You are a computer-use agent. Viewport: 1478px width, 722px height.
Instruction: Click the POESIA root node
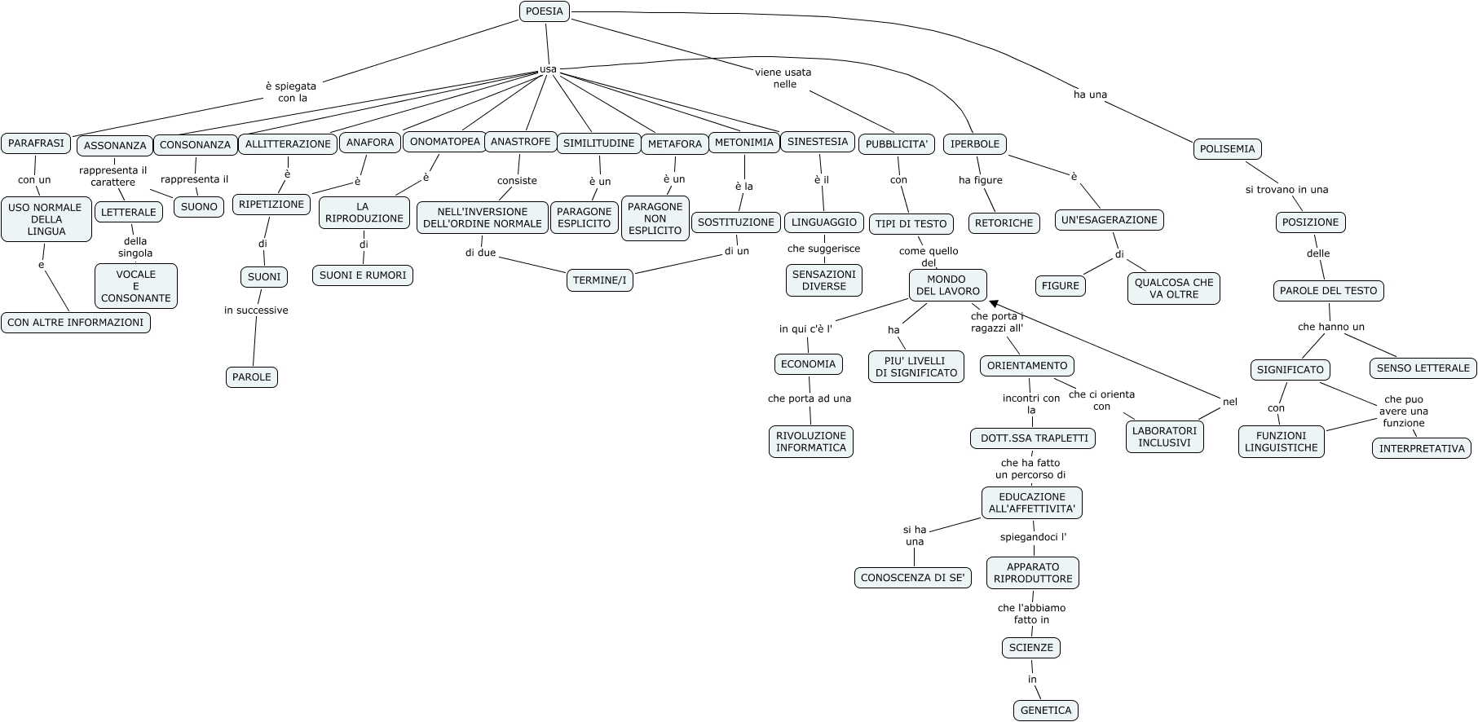coord(545,11)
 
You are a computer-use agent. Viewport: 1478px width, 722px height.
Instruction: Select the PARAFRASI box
coord(36,143)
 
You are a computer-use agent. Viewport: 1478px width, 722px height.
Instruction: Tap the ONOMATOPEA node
coord(444,142)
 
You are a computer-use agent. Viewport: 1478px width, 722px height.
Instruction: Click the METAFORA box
coord(675,144)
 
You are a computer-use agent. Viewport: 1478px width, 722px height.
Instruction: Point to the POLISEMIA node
coord(1228,149)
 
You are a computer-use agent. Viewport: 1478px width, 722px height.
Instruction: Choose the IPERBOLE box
coord(975,144)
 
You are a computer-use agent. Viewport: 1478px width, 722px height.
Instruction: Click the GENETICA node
coord(1046,711)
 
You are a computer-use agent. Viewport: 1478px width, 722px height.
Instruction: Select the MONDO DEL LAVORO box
coord(947,285)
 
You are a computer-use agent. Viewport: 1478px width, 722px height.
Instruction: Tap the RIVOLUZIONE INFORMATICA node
coord(811,442)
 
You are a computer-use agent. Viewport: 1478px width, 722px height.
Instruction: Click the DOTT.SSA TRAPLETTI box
coord(1033,438)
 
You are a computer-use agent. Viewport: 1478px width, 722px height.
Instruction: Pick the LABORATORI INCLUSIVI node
coord(1165,437)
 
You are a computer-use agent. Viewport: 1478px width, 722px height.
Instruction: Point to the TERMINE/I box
coord(600,280)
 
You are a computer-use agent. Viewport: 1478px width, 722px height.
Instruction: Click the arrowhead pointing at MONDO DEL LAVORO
coord(993,302)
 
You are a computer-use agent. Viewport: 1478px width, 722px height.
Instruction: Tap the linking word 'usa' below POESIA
coord(548,69)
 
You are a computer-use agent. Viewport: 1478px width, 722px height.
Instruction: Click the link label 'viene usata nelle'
coord(783,78)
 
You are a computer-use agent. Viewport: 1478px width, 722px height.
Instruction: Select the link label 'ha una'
coord(1090,95)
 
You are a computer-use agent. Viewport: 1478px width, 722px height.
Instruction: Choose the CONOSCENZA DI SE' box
coord(913,578)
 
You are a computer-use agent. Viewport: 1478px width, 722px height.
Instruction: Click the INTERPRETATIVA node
coord(1422,448)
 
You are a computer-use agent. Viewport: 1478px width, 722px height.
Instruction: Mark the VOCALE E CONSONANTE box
coord(136,286)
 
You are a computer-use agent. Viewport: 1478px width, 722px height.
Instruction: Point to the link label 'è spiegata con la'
coord(291,91)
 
